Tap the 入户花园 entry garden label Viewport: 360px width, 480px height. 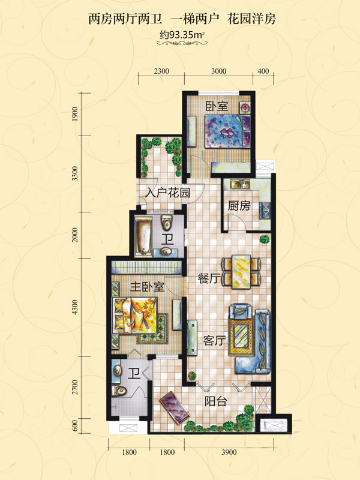[x=168, y=193]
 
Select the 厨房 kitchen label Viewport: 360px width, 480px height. [x=239, y=206]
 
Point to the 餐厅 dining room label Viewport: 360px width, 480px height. [x=209, y=278]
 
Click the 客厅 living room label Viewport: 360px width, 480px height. [x=215, y=340]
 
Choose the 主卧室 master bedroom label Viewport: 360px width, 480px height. [x=147, y=287]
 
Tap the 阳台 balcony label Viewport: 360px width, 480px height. [x=215, y=401]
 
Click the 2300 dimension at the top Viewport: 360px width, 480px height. [x=161, y=71]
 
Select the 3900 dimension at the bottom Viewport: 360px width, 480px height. [x=229, y=452]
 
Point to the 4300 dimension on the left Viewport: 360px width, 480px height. [x=75, y=307]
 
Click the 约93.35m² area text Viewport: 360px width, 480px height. [x=182, y=35]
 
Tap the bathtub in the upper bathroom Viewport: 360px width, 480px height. [x=143, y=235]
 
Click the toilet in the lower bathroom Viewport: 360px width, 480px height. [x=119, y=391]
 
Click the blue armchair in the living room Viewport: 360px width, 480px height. [x=241, y=311]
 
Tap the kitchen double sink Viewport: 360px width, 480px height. [x=241, y=184]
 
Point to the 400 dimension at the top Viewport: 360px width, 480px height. [x=263, y=71]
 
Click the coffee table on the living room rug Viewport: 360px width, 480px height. [x=241, y=336]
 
